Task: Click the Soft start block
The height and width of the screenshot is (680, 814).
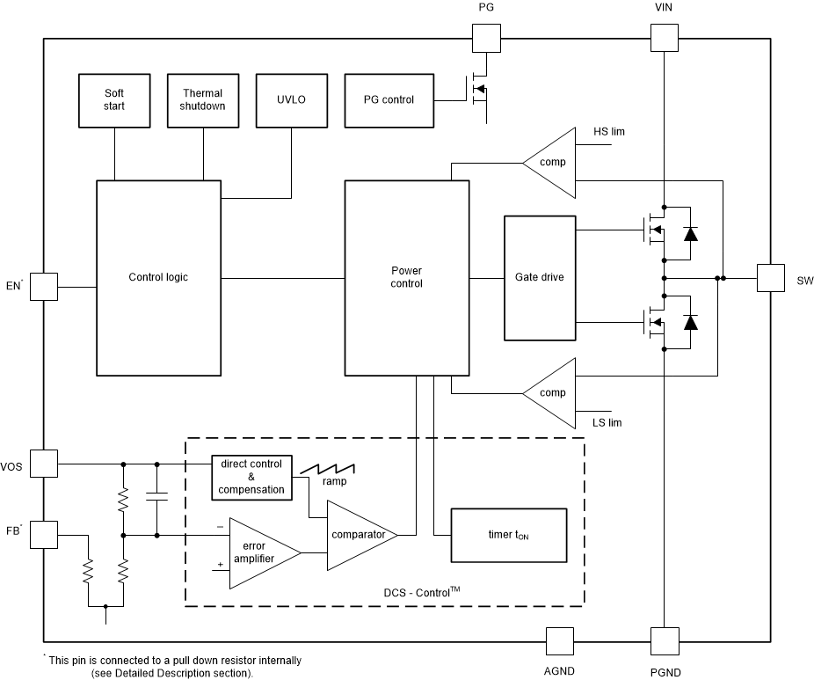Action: [x=114, y=99]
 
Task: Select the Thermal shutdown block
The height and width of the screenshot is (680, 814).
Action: [x=203, y=99]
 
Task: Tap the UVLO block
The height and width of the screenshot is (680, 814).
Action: [x=291, y=99]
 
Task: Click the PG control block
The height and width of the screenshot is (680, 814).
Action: [x=389, y=99]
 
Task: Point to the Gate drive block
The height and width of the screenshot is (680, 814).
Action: [x=539, y=277]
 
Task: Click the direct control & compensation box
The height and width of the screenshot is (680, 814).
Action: [x=251, y=477]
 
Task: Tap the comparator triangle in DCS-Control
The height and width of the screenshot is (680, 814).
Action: [x=359, y=535]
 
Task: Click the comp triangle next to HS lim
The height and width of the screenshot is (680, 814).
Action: [x=550, y=162]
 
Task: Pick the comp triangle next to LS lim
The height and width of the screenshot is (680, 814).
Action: [x=550, y=392]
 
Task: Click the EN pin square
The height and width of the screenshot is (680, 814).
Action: [x=44, y=286]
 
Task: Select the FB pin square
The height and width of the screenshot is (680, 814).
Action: [x=44, y=534]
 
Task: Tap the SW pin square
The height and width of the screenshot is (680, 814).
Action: [x=771, y=278]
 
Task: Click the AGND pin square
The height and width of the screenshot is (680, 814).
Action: [x=560, y=641]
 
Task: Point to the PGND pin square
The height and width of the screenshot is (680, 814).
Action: [x=664, y=641]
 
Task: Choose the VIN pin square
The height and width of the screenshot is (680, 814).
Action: [x=664, y=38]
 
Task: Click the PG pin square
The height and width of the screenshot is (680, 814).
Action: [x=486, y=38]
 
